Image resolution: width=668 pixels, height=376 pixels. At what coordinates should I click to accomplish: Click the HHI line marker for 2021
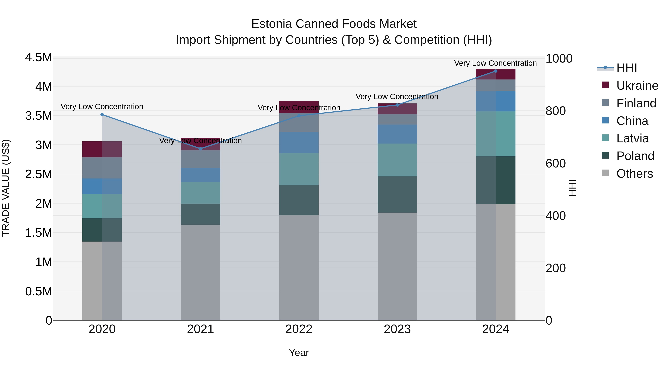pos(200,149)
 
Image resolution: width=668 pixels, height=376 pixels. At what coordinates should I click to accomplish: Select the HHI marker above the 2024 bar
pos(496,71)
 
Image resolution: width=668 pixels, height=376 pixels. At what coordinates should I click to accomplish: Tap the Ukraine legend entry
pos(637,86)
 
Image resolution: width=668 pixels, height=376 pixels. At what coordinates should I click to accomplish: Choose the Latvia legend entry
pos(632,138)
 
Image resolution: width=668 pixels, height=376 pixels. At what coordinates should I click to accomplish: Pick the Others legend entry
pos(634,174)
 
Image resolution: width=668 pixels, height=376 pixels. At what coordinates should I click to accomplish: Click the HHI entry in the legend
pos(626,68)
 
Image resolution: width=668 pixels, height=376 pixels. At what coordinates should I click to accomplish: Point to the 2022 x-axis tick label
pos(299,329)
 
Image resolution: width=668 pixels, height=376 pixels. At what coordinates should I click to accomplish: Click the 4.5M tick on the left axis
pos(38,57)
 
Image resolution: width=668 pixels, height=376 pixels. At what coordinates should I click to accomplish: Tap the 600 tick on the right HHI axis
pos(555,163)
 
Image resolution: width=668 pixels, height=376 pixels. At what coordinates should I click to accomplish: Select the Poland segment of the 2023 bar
pos(397,194)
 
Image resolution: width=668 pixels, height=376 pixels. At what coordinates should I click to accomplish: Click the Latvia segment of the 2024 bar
pos(496,134)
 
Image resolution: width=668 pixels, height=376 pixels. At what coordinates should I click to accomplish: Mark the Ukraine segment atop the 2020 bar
pos(102,149)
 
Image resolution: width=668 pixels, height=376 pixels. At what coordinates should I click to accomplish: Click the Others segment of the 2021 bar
pos(200,272)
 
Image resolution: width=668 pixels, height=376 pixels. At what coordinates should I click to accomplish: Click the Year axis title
pos(299,353)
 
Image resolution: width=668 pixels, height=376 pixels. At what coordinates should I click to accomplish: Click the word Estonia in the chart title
pos(271,24)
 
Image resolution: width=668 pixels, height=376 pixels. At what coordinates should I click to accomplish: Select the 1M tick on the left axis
pos(44,262)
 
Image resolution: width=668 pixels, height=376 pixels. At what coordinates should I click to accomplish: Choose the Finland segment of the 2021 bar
pos(200,159)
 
